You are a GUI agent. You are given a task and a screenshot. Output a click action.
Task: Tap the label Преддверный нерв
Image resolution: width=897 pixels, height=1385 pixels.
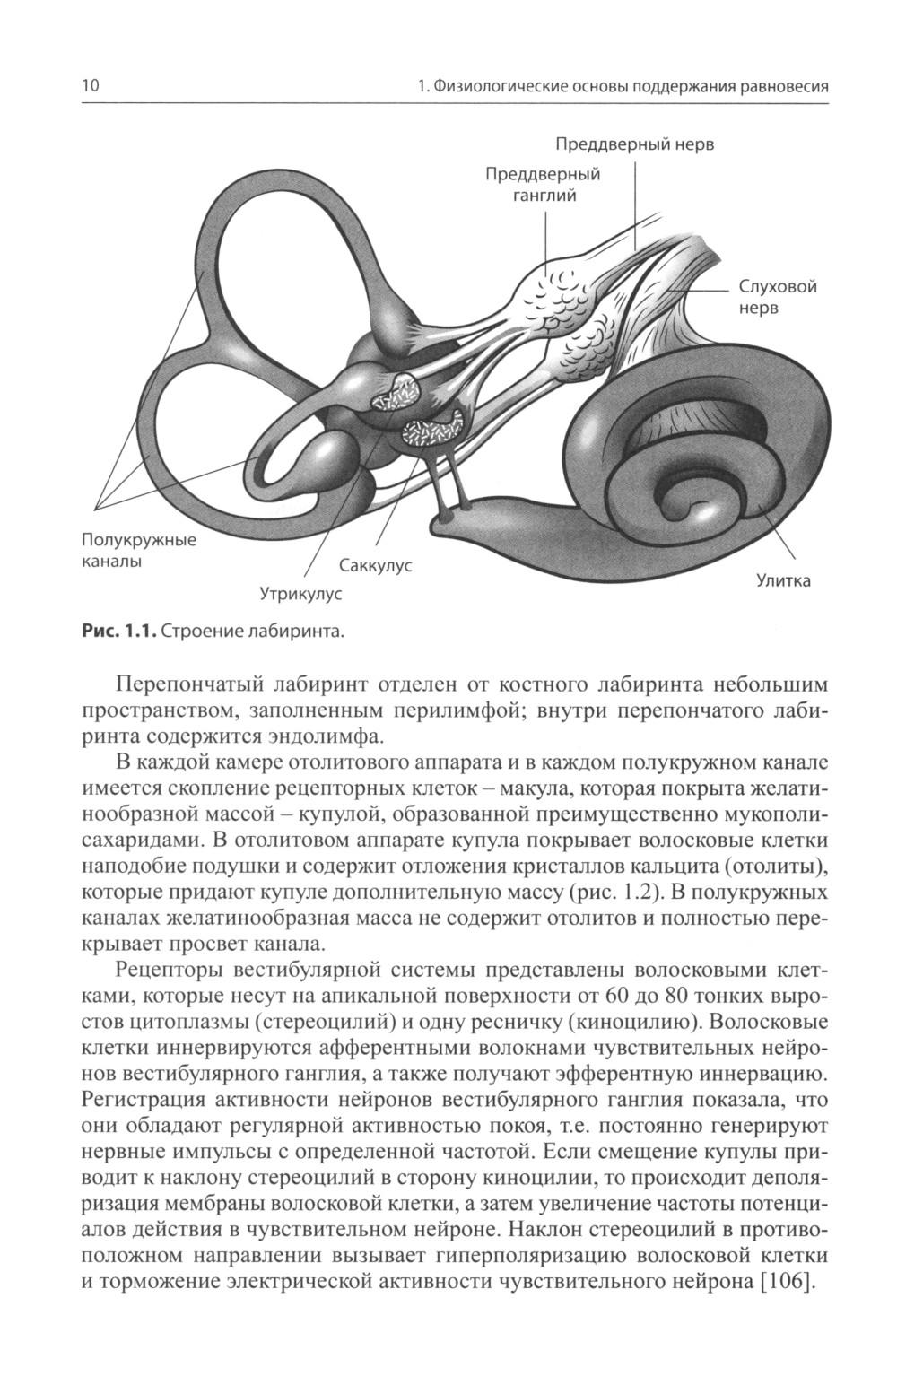pyautogui.click(x=634, y=144)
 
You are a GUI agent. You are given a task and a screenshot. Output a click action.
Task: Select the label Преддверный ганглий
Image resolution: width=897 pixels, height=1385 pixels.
pyautogui.click(x=543, y=184)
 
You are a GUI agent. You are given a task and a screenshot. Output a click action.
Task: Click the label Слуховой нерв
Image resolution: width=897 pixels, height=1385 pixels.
pyautogui.click(x=777, y=297)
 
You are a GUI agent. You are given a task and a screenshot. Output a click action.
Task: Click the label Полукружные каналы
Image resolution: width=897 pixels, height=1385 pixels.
pyautogui.click(x=138, y=550)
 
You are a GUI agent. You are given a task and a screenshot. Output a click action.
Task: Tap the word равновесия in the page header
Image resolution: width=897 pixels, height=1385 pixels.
pyautogui.click(x=778, y=87)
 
